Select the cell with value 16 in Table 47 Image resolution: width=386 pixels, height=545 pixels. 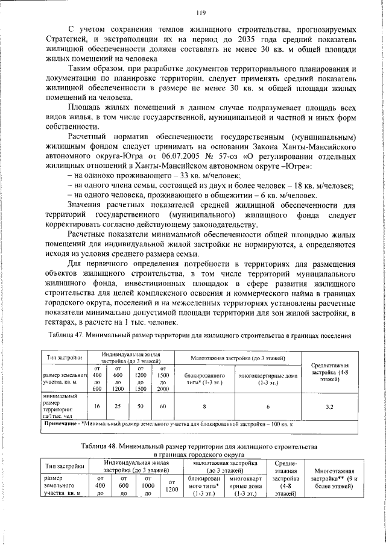(x=96, y=406)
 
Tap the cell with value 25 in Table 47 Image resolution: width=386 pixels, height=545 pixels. (x=118, y=406)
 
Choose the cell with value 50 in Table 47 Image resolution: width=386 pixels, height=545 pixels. (x=140, y=406)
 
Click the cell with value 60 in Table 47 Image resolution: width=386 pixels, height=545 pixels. (x=162, y=406)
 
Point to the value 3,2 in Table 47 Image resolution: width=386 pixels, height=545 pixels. (x=329, y=407)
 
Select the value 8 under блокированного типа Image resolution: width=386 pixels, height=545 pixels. (x=204, y=406)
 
